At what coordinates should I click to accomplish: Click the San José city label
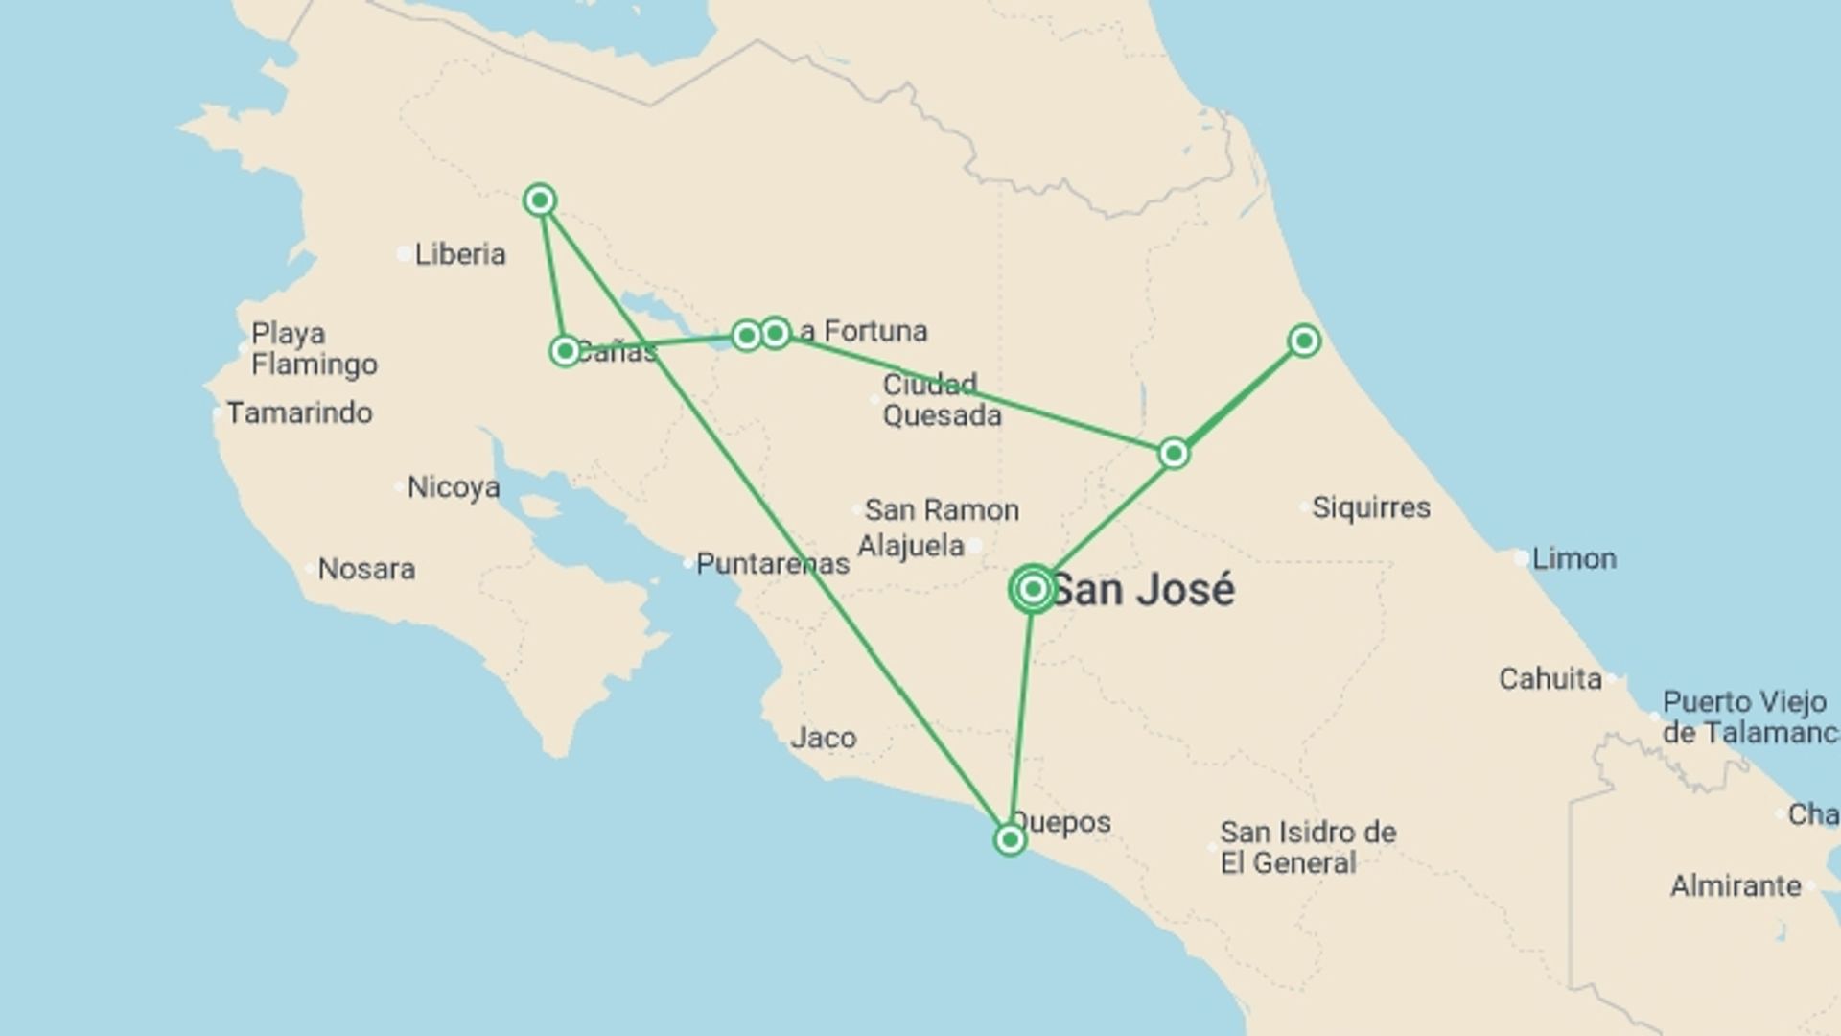click(1143, 589)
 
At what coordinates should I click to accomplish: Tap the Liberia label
click(459, 254)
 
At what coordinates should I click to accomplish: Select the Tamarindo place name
click(299, 412)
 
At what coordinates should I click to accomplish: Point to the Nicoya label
click(453, 487)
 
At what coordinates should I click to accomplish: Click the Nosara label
click(366, 569)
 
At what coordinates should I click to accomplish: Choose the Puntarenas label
click(772, 563)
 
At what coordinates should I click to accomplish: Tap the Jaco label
click(823, 738)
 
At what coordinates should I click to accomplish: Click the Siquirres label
click(1370, 507)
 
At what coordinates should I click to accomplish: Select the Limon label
click(1573, 558)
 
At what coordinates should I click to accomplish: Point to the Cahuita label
click(1550, 679)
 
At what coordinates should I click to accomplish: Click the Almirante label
click(1735, 885)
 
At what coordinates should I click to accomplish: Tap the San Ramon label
click(941, 509)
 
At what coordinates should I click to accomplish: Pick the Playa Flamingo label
click(314, 349)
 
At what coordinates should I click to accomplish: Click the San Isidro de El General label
click(1307, 847)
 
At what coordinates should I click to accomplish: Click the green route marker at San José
click(1033, 589)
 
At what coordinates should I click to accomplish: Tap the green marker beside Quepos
click(1010, 840)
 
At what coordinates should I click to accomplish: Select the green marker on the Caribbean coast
click(1303, 341)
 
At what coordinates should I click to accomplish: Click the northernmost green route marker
click(540, 200)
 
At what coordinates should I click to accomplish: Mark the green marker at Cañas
click(565, 351)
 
